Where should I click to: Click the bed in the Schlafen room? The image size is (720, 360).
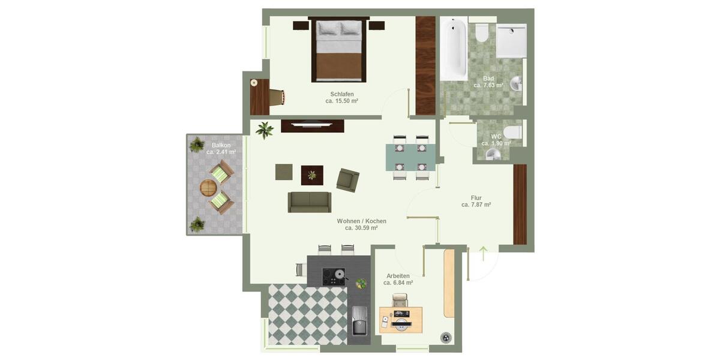pyautogui.click(x=338, y=51)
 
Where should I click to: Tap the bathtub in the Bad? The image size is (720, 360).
pyautogui.click(x=453, y=48)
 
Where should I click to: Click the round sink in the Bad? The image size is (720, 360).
pyautogui.click(x=516, y=83)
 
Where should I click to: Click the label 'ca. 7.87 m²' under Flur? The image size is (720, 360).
pyautogui.click(x=476, y=205)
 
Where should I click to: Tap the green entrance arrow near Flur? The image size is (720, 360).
pyautogui.click(x=483, y=251)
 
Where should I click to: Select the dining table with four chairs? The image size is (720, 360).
pyautogui.click(x=411, y=157)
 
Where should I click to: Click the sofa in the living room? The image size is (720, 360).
pyautogui.click(x=310, y=202)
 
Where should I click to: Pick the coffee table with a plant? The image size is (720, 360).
pyautogui.click(x=312, y=175)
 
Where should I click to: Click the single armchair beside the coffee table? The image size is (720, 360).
pyautogui.click(x=347, y=179)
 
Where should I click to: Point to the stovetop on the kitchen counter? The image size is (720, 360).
pyautogui.click(x=334, y=277)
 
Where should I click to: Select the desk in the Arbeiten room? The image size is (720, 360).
pyautogui.click(x=401, y=319)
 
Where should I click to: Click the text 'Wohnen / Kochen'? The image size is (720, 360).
pyautogui.click(x=361, y=221)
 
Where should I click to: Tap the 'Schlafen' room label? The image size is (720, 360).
pyautogui.click(x=342, y=94)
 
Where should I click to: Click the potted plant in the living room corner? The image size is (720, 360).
pyautogui.click(x=264, y=130)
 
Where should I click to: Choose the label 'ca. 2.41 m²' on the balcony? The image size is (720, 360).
pyautogui.click(x=221, y=152)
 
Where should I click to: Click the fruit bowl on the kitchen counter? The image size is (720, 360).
pyautogui.click(x=361, y=283)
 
